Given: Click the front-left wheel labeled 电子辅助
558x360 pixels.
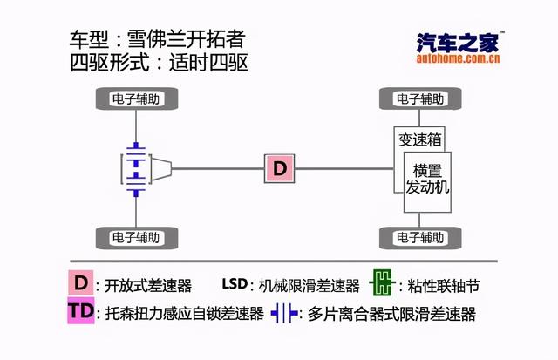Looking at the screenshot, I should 135,99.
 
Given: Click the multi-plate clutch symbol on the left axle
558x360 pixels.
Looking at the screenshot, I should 134,167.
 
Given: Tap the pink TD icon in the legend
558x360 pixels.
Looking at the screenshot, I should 80,311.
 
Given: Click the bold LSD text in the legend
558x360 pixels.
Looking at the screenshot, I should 235,284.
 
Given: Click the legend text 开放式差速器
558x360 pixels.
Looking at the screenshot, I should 148,285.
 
